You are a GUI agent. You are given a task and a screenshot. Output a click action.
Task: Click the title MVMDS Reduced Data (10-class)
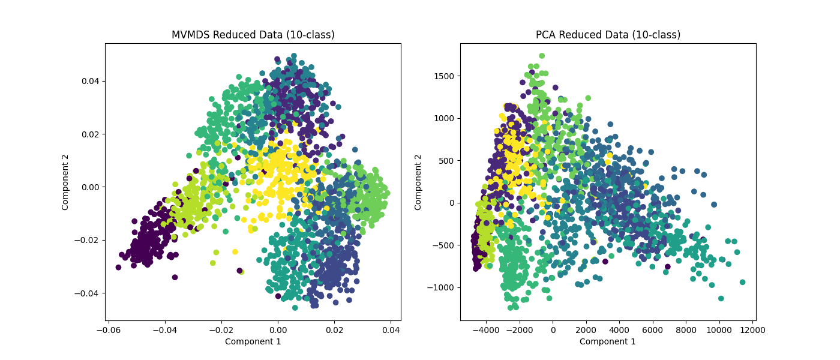tap(253, 35)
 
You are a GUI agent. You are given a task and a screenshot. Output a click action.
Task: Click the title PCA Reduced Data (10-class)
tap(608, 35)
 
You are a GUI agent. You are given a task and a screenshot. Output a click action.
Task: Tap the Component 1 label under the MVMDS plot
tap(253, 341)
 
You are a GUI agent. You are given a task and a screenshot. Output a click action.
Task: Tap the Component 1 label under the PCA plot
tap(608, 341)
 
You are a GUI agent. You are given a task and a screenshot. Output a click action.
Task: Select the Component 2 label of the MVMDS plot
tap(65, 182)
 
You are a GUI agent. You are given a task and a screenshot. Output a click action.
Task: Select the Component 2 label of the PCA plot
tap(418, 182)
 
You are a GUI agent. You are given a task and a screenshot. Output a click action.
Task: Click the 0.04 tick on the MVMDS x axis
tap(391, 329)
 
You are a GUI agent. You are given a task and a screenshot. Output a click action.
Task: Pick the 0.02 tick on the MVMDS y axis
tap(90, 134)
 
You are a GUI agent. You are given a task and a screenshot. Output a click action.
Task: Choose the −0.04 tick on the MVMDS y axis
tap(88, 293)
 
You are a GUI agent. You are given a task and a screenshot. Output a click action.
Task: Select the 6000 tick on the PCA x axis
tap(652, 329)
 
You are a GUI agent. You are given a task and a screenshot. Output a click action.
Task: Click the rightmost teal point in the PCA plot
tap(742, 282)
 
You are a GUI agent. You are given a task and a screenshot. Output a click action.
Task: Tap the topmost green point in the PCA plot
tap(542, 56)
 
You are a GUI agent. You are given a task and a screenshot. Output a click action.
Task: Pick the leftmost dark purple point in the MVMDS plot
tap(118, 267)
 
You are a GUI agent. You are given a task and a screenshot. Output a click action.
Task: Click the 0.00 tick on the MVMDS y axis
tap(90, 187)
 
